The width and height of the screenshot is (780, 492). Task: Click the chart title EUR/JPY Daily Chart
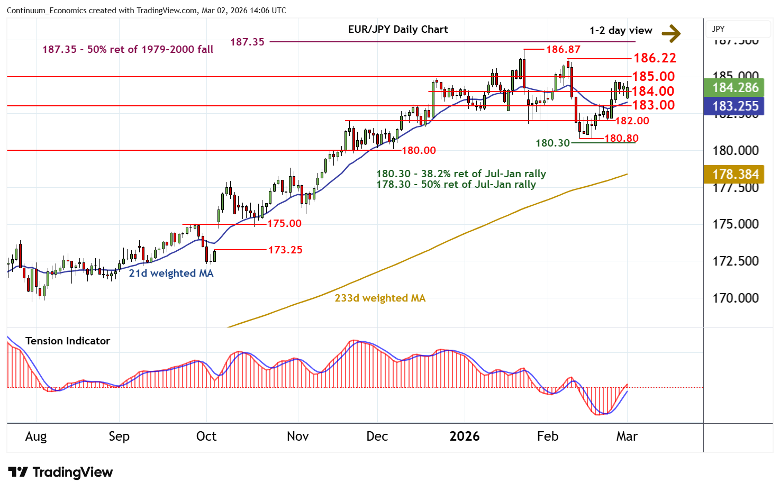[398, 30]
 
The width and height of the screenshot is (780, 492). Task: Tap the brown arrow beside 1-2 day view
[671, 33]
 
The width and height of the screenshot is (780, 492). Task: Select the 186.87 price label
[563, 49]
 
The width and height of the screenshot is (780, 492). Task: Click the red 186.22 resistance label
[655, 58]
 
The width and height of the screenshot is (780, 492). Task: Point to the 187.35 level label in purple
[247, 42]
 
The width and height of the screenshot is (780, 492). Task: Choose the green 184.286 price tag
[735, 88]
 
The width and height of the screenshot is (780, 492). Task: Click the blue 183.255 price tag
[735, 106]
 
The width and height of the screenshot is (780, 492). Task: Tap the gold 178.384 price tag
[735, 174]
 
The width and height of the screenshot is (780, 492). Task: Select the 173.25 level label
[285, 250]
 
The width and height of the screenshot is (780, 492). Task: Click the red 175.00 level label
[284, 223]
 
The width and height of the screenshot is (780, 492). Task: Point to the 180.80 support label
[621, 138]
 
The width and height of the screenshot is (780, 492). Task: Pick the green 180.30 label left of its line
[552, 143]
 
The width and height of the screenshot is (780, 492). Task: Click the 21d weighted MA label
[171, 273]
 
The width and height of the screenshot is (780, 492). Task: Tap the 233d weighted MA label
[380, 298]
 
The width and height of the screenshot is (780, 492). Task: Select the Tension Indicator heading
[68, 341]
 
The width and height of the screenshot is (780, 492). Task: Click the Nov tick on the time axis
[297, 436]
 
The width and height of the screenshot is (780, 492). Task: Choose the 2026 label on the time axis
[464, 436]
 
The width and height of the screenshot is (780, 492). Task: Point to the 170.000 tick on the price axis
[735, 298]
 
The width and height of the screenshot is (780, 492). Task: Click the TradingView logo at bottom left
[60, 472]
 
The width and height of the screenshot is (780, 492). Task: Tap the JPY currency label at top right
[718, 29]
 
